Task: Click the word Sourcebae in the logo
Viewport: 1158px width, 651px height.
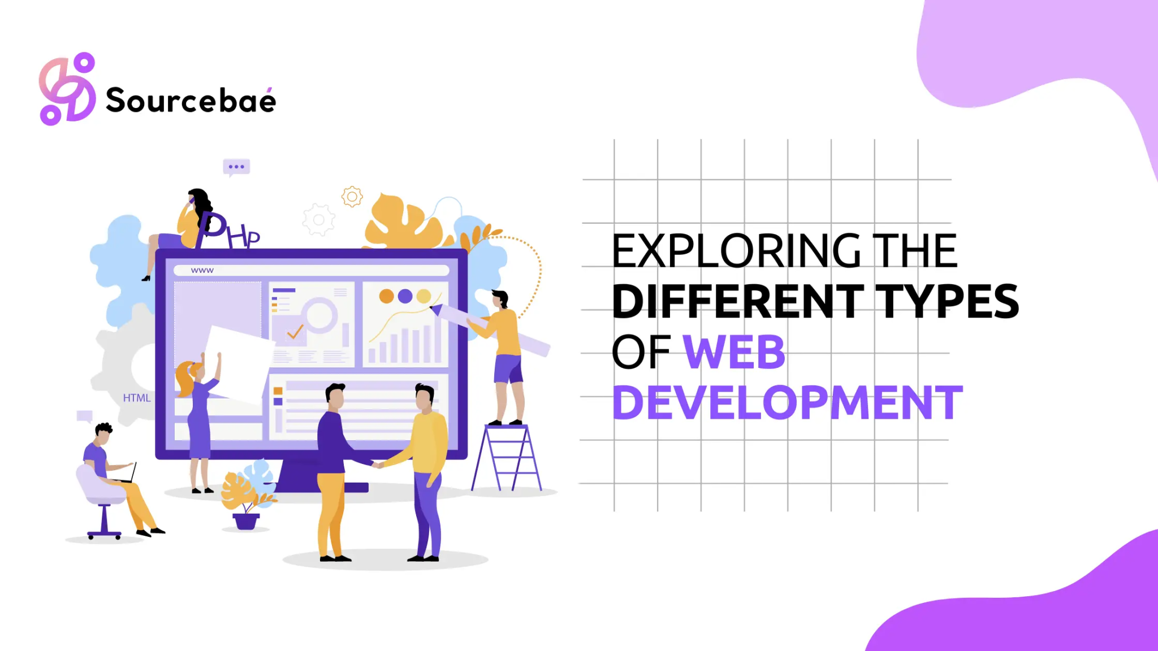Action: tap(191, 101)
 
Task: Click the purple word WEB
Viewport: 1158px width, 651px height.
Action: tap(734, 352)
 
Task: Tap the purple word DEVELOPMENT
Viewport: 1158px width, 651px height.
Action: tap(787, 403)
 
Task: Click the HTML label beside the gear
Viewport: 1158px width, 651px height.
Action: tap(137, 398)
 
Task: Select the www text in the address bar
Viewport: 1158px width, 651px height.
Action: tap(202, 271)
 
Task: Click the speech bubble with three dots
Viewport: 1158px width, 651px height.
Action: tap(236, 167)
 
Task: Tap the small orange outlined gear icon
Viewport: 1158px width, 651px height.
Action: tap(352, 197)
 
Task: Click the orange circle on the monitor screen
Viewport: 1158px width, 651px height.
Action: tap(387, 296)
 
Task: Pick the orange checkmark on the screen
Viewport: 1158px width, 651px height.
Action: tap(295, 332)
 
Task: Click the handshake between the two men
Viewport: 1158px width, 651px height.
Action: tap(377, 465)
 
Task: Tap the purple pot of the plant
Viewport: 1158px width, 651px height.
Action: tap(246, 520)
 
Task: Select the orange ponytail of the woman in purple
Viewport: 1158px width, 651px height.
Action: tap(184, 380)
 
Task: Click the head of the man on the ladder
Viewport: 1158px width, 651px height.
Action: tap(500, 298)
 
